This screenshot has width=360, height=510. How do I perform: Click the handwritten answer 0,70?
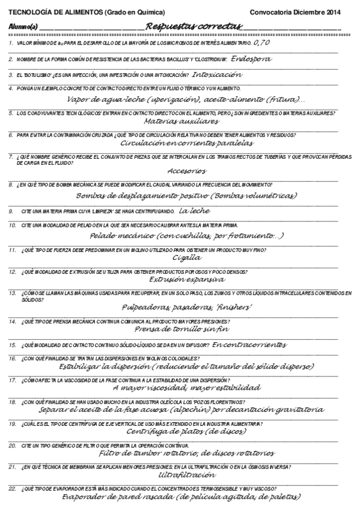click(261, 44)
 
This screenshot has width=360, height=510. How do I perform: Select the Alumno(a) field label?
click(23, 27)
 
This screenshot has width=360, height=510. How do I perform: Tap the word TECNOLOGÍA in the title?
click(29, 11)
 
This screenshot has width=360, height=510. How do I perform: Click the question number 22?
click(12, 489)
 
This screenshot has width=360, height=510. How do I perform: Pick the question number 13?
click(12, 293)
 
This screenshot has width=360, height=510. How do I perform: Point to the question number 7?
click(11, 156)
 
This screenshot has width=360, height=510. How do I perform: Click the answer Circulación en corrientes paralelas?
click(187, 143)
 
